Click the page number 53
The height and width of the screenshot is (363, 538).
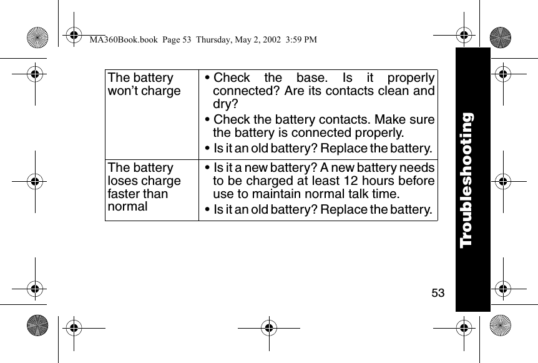tap(438, 292)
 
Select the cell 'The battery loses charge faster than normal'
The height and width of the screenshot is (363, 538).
tap(145, 187)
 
